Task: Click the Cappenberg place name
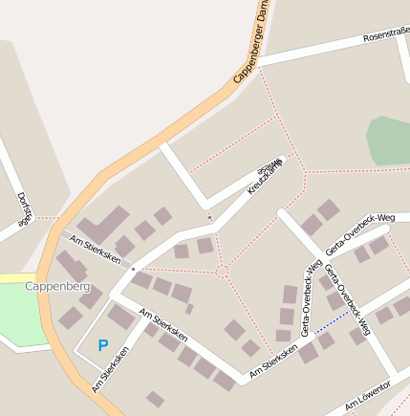57,286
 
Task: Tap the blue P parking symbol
103,345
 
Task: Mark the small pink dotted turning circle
222,273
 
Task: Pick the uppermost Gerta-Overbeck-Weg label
360,233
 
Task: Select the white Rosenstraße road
315,50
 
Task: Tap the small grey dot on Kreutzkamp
210,217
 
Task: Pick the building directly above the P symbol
120,316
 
